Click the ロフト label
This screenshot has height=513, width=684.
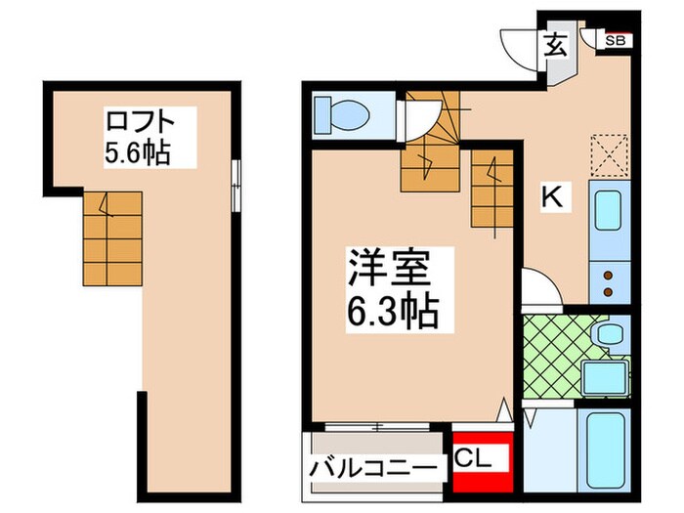(x=139, y=124)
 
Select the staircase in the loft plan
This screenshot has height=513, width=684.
(x=111, y=235)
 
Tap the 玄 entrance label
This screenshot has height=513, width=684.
(x=554, y=45)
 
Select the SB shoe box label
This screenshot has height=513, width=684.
(x=616, y=41)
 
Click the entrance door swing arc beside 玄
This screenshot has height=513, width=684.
(x=519, y=45)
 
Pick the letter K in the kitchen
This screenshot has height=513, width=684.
(x=553, y=198)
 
